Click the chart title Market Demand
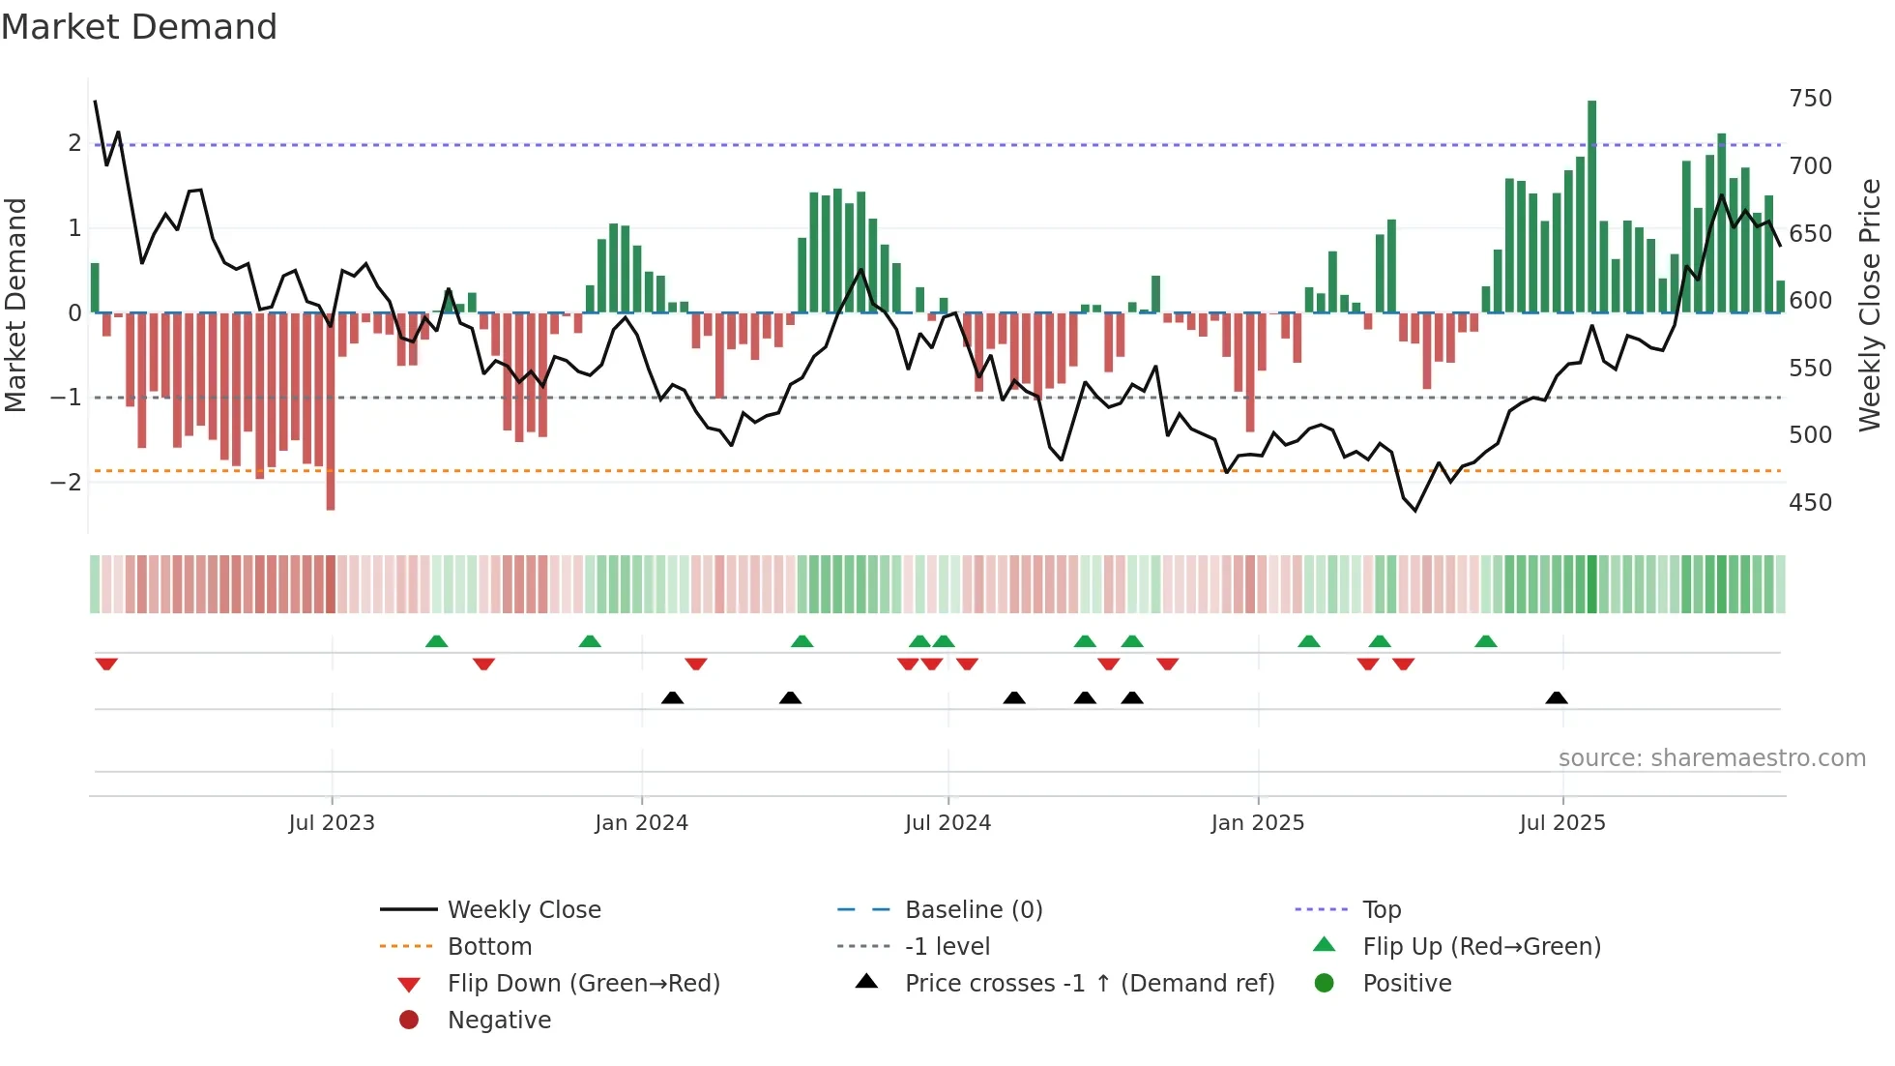[x=139, y=27]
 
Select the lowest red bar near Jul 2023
[x=331, y=411]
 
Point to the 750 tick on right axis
[x=1810, y=99]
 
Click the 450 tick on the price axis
[x=1810, y=503]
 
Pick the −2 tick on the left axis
[x=66, y=482]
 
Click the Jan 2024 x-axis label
[x=641, y=823]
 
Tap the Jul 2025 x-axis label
[x=1561, y=823]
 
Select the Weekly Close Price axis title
[x=1870, y=305]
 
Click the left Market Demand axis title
[x=15, y=305]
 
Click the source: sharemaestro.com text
[x=1711, y=758]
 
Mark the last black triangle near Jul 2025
[x=1556, y=698]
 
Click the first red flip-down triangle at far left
[x=106, y=664]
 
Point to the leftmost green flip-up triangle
[x=436, y=641]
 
